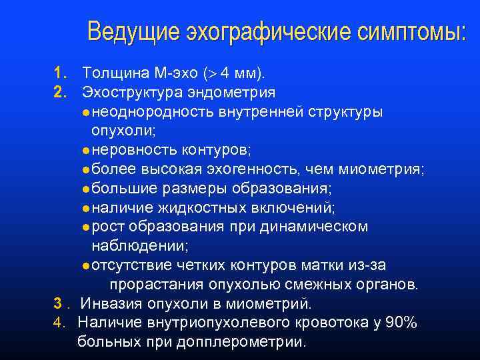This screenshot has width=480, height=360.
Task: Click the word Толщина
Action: point(110,71)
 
